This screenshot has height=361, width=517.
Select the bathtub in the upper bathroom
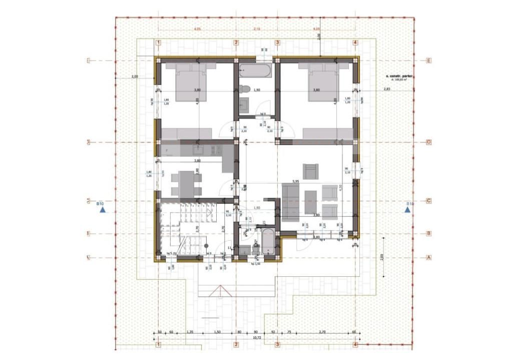pyautogui.click(x=255, y=71)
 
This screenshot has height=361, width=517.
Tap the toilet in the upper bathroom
pyautogui.click(x=244, y=89)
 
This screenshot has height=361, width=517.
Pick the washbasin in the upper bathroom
pyautogui.click(x=244, y=105)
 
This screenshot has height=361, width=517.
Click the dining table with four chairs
pyautogui.click(x=187, y=184)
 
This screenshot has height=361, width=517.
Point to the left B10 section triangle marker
pyautogui.click(x=103, y=210)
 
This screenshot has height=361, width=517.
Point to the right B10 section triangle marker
pyautogui.click(x=408, y=210)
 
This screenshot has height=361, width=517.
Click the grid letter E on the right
pyautogui.click(x=428, y=61)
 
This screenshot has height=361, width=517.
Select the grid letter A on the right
pyautogui.click(x=428, y=257)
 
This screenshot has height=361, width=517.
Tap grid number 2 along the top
pyautogui.click(x=236, y=43)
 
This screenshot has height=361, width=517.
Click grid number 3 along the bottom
pyautogui.click(x=277, y=345)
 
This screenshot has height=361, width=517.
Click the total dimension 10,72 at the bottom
pyautogui.click(x=257, y=338)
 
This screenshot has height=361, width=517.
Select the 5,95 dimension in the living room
pyautogui.click(x=296, y=181)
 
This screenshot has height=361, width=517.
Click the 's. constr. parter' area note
pyautogui.click(x=399, y=77)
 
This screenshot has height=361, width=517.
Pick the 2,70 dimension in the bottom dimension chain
pyautogui.click(x=322, y=332)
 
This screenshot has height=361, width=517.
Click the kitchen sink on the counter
pyautogui.click(x=197, y=149)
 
